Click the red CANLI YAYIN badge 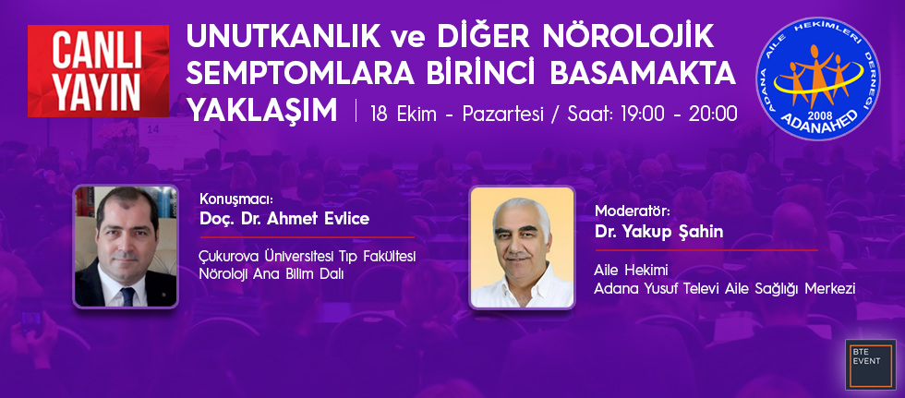coord(98,71)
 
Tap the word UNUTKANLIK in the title coord(284,38)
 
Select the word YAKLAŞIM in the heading coord(261,110)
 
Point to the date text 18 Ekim coord(404,114)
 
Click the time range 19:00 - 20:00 coord(679,114)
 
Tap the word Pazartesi coord(503,114)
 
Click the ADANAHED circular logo coord(818,78)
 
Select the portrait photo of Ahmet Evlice coord(126,247)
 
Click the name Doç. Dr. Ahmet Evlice coord(284,219)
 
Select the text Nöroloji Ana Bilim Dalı coord(271,274)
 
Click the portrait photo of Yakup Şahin coord(523,247)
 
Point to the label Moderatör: coord(629,211)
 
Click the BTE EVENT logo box coord(871,364)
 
